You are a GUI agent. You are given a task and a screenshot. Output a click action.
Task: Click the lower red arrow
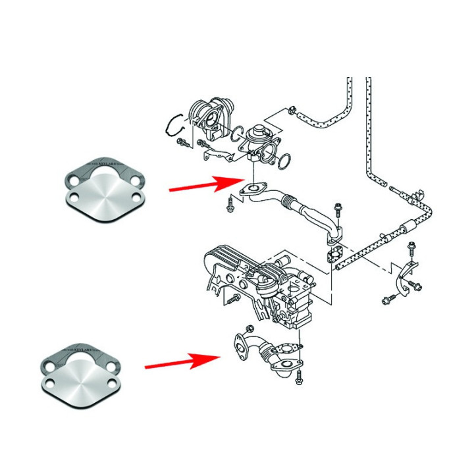coord(181,361)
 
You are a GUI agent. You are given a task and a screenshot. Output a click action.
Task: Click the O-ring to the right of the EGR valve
coord(285,161)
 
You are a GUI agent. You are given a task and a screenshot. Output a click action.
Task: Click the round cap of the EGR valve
coord(259,130)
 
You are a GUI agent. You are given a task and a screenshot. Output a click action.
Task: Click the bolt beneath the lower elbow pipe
coord(299,379)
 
